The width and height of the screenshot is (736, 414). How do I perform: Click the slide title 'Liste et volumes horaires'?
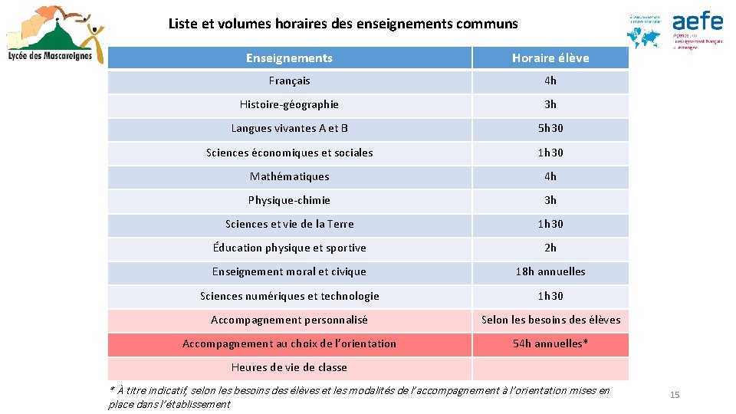pyautogui.click(x=343, y=24)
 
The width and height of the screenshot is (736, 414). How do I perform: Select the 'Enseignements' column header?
pyautogui.click(x=289, y=58)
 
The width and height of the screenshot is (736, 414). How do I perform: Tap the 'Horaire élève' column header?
pyautogui.click(x=550, y=58)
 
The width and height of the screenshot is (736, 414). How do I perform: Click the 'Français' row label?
pyautogui.click(x=289, y=80)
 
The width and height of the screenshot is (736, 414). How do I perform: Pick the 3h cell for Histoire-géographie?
pyautogui.click(x=550, y=104)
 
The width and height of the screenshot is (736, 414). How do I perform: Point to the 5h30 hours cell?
pyautogui.click(x=550, y=128)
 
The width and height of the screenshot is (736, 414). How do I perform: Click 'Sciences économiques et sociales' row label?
pyautogui.click(x=289, y=153)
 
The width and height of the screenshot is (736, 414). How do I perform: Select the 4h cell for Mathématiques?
pyautogui.click(x=550, y=176)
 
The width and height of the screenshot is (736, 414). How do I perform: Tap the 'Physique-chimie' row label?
pyautogui.click(x=289, y=200)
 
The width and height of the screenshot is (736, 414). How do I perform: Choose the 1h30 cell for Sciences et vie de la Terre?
pyautogui.click(x=550, y=224)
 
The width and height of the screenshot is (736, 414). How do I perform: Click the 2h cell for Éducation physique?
pyautogui.click(x=550, y=248)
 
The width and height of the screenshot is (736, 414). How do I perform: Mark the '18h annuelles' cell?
pyautogui.click(x=550, y=271)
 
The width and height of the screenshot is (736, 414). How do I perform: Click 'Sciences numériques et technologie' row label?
pyautogui.click(x=289, y=296)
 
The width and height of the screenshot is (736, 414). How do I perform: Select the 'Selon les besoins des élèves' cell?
pyautogui.click(x=550, y=320)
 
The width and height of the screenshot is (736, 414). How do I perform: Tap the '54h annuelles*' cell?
pyautogui.click(x=550, y=343)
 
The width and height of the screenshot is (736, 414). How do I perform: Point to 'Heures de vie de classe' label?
pyautogui.click(x=289, y=367)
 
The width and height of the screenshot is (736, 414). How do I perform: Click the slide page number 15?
pyautogui.click(x=675, y=395)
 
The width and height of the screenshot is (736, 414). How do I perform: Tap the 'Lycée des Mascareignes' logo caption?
pyautogui.click(x=51, y=55)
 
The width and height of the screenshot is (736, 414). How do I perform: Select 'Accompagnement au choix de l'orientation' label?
pyautogui.click(x=289, y=343)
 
